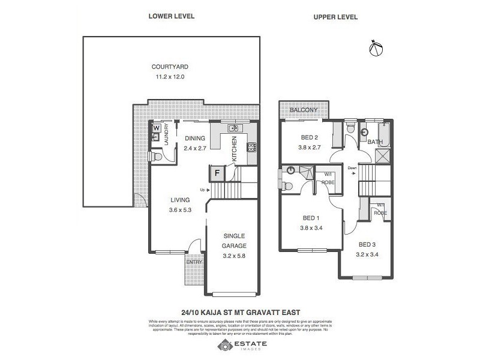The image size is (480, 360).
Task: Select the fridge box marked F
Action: tap(216, 173)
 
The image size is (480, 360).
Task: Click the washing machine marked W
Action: tap(156, 128)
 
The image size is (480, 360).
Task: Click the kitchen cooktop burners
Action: tap(253, 146)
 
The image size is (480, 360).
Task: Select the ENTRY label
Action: tap(194, 262)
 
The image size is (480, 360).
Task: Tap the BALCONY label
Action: tap(303, 110)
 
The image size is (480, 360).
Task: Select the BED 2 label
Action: tap(310, 137)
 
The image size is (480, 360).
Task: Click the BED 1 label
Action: tap(310, 218)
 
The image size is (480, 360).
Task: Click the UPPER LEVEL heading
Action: tap(335, 17)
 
